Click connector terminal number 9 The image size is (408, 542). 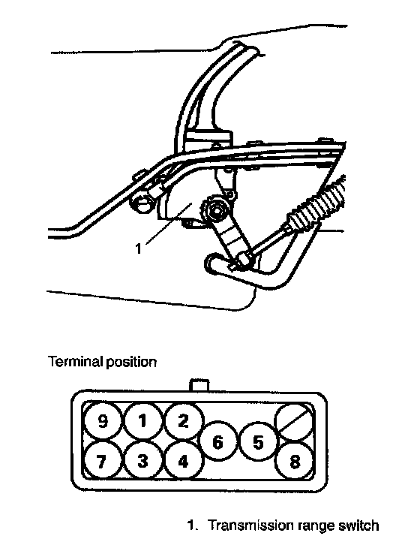(103, 421)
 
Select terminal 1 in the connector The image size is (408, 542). (143, 421)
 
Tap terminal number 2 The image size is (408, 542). (183, 420)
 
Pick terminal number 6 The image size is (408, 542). (217, 441)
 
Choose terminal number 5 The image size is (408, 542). (258, 441)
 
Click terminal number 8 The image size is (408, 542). (294, 461)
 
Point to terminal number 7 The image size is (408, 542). (103, 461)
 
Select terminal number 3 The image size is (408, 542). (143, 461)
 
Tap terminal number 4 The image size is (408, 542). (183, 461)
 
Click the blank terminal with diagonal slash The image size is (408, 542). (294, 421)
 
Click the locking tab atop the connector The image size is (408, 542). (199, 385)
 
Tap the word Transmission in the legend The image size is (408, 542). (248, 525)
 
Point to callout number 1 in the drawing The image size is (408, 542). (139, 248)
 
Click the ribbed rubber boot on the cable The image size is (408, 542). (316, 207)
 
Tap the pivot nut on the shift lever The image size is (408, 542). (217, 210)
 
